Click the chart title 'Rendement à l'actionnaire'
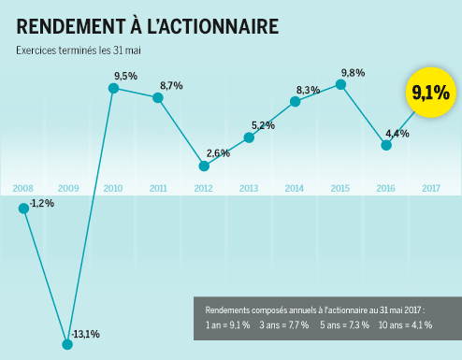148,26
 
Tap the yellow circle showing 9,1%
430,93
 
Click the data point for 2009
67,344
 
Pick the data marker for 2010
113,89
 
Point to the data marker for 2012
204,166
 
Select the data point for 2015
341,85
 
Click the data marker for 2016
385,145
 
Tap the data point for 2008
23,208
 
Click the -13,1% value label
87,334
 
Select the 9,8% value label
353,72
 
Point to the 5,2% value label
263,125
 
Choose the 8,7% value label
171,86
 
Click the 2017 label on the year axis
431,189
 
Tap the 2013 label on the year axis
249,189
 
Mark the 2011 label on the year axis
158,189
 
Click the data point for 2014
295,101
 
